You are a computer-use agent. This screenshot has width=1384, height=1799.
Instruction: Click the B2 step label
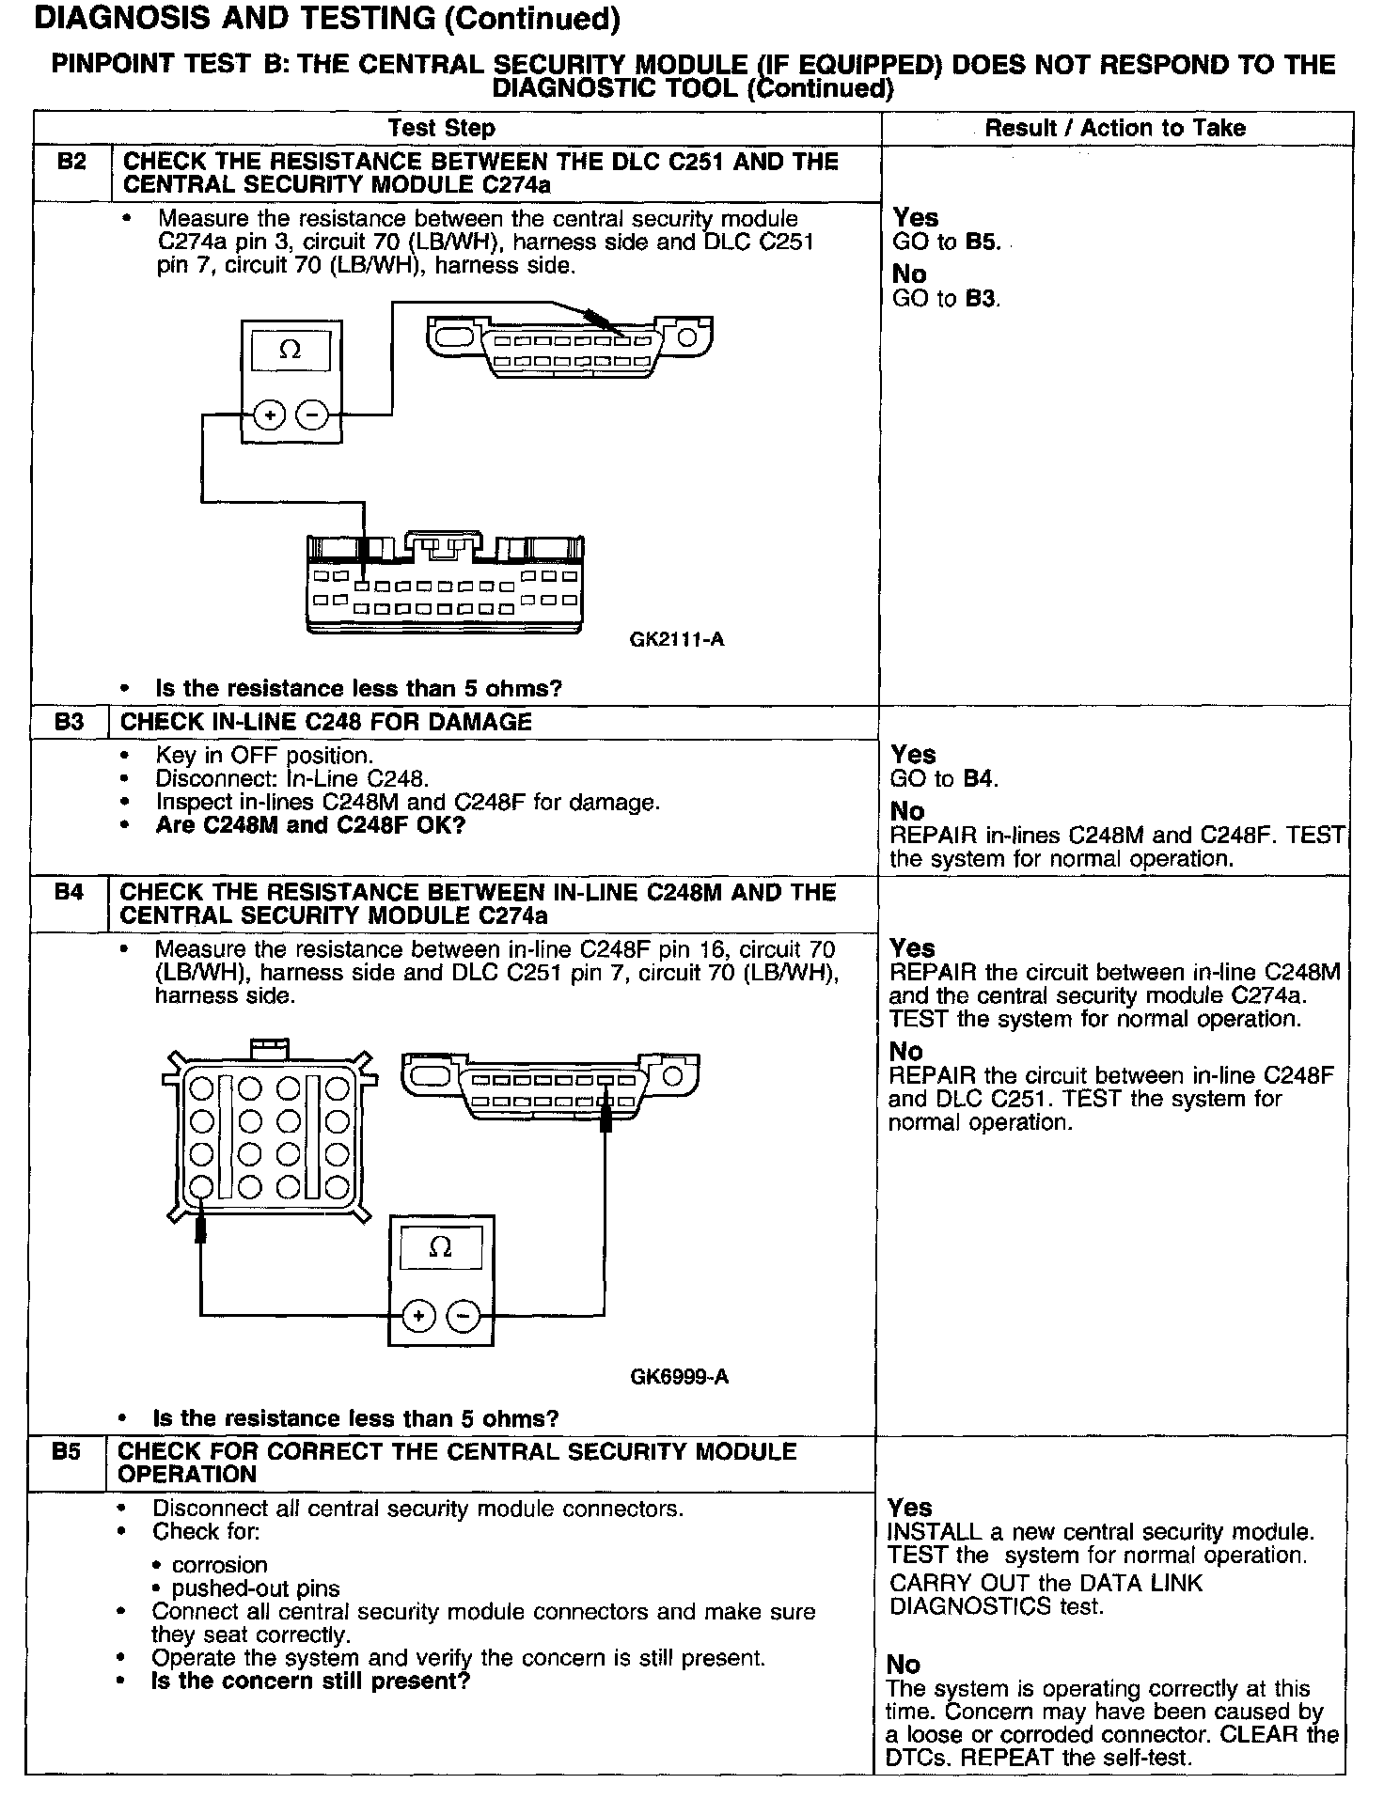point(71,162)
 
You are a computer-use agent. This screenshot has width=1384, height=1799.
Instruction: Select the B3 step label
point(70,722)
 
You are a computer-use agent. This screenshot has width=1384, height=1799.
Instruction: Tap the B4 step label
point(69,892)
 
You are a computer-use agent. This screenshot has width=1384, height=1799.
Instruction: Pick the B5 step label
point(66,1451)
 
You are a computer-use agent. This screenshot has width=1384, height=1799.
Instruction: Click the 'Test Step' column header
point(442,128)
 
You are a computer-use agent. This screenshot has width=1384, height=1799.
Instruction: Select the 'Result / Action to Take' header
point(1115,128)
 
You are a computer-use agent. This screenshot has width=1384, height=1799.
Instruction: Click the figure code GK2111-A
point(677,640)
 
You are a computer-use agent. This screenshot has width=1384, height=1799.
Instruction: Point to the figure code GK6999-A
point(679,1377)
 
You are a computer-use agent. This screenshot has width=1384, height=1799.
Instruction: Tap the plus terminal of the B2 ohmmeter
point(270,414)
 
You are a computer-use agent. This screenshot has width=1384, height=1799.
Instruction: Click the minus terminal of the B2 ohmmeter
point(313,414)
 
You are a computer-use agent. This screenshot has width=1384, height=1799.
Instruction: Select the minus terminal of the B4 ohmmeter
point(462,1315)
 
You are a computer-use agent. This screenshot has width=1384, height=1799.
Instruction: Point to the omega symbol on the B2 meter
point(291,351)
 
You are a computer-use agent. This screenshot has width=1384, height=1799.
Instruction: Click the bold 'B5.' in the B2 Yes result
point(983,242)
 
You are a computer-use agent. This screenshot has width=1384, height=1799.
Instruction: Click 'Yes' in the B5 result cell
point(910,1508)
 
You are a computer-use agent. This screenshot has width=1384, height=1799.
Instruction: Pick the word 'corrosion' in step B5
point(219,1565)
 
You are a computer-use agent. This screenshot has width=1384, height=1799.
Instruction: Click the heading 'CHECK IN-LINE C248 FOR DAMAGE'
point(326,722)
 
